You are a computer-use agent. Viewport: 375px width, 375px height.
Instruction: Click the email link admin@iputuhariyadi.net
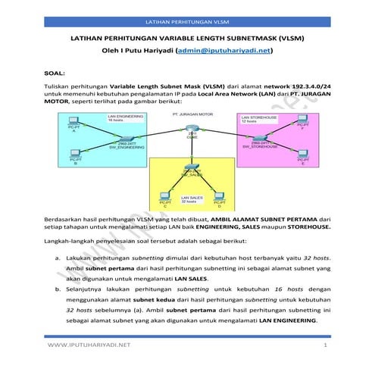coord(223,52)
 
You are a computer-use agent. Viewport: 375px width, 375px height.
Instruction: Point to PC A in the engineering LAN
coord(73,123)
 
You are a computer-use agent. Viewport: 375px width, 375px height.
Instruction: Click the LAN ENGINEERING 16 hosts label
coord(125,119)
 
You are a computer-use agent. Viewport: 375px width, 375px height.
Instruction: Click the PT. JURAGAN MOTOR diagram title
coord(192,114)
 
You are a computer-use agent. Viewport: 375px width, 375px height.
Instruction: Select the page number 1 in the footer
coord(323,345)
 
